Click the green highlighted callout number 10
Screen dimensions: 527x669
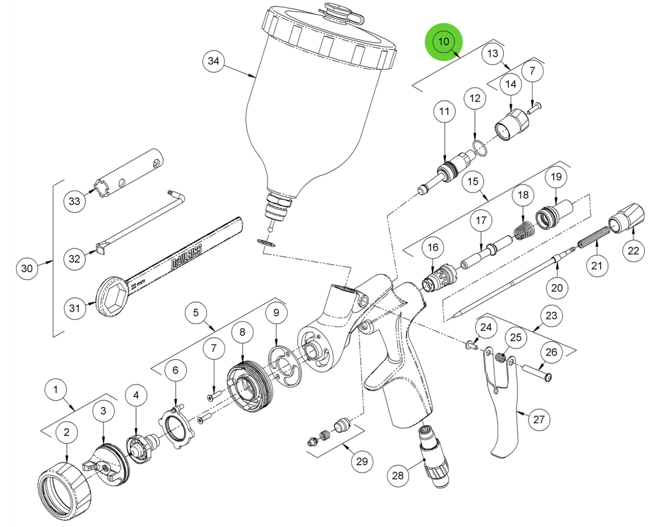pyautogui.click(x=444, y=41)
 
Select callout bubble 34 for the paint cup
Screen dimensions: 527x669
pyautogui.click(x=214, y=61)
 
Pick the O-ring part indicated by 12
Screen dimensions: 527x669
pyautogui.click(x=478, y=148)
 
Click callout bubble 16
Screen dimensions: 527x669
pyautogui.click(x=433, y=248)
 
